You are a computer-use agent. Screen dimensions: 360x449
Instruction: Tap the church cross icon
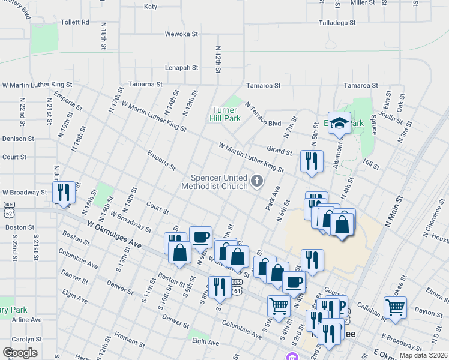pos(257,181)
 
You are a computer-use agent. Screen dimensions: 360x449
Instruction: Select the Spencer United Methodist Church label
pos(219,181)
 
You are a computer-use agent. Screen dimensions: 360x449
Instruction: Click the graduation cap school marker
pos(339,123)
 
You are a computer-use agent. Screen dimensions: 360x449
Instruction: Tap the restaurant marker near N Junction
pos(64,192)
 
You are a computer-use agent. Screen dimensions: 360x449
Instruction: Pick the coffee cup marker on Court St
pos(200,237)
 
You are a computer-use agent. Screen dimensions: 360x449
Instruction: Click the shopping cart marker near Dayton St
pos(395,307)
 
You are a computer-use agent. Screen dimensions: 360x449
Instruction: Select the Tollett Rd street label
pos(75,22)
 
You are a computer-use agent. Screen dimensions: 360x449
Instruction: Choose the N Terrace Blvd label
pos(263,115)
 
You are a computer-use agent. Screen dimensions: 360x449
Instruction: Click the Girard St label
pos(280,150)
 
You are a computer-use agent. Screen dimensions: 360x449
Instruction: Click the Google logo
pos(20,353)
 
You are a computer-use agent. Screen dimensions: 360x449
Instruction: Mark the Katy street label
pos(151,7)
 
